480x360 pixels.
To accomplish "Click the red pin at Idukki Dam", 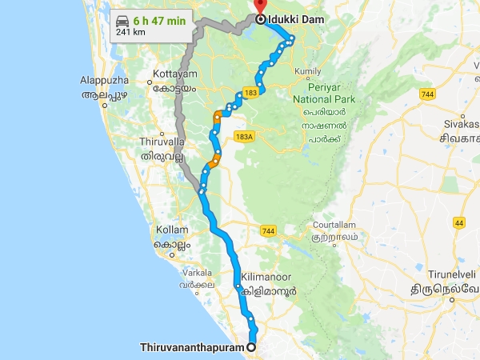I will [261, 6].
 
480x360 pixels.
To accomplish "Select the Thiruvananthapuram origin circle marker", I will [252, 347].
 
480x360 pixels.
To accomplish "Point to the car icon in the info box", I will [122, 21].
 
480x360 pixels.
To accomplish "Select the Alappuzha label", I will [105, 81].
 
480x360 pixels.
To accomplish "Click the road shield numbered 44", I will [459, 222].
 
